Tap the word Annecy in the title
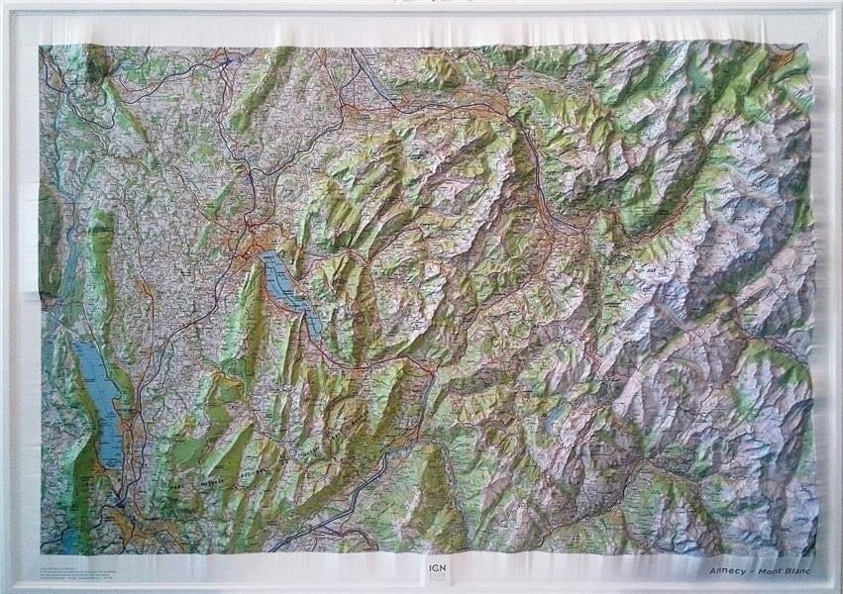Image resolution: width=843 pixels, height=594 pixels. coord(726,571)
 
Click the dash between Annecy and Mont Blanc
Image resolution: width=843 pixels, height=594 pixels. coord(752,571)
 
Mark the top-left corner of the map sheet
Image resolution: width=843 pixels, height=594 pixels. coord(41,46)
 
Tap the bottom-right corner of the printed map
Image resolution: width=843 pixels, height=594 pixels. coord(816,554)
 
